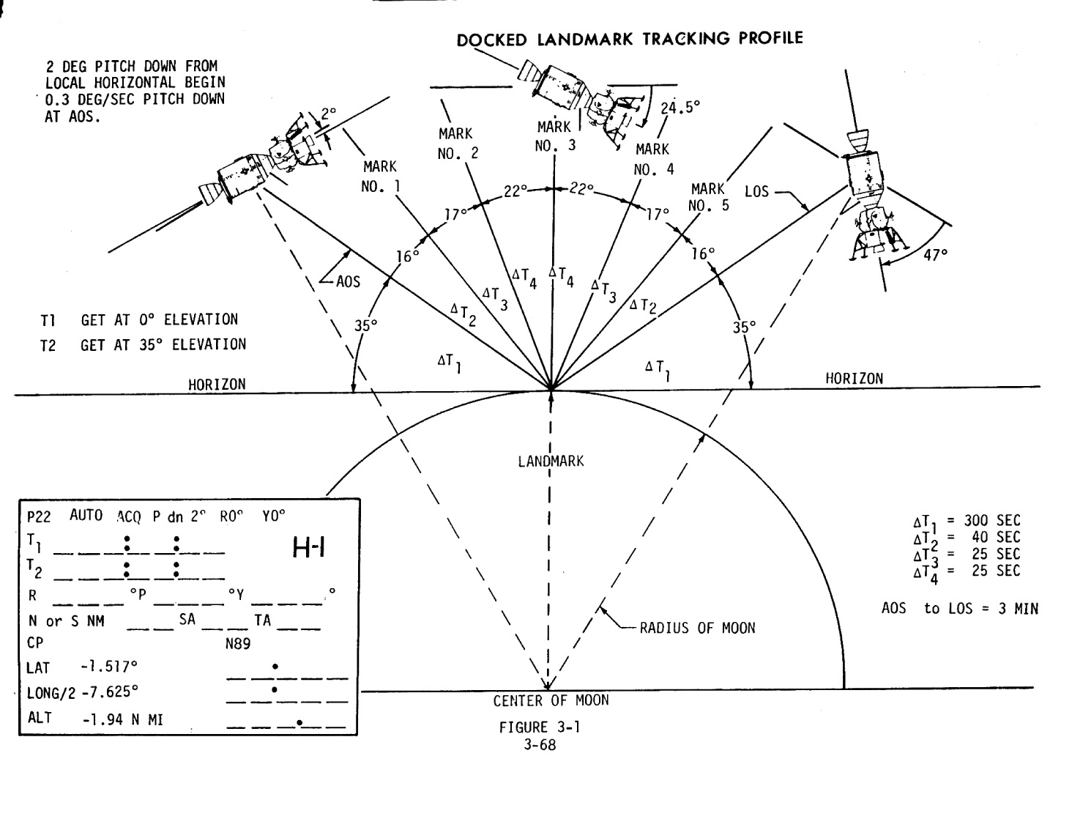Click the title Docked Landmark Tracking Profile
(629, 38)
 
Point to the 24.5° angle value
(680, 107)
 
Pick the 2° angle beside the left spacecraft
(328, 114)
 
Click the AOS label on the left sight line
(348, 281)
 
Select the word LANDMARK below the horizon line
(551, 461)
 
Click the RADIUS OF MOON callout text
(697, 628)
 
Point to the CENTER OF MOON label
(551, 700)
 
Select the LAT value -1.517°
(110, 667)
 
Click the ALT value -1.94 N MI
(122, 719)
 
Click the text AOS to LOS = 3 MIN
(959, 608)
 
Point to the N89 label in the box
(238, 644)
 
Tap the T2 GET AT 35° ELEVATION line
(144, 344)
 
